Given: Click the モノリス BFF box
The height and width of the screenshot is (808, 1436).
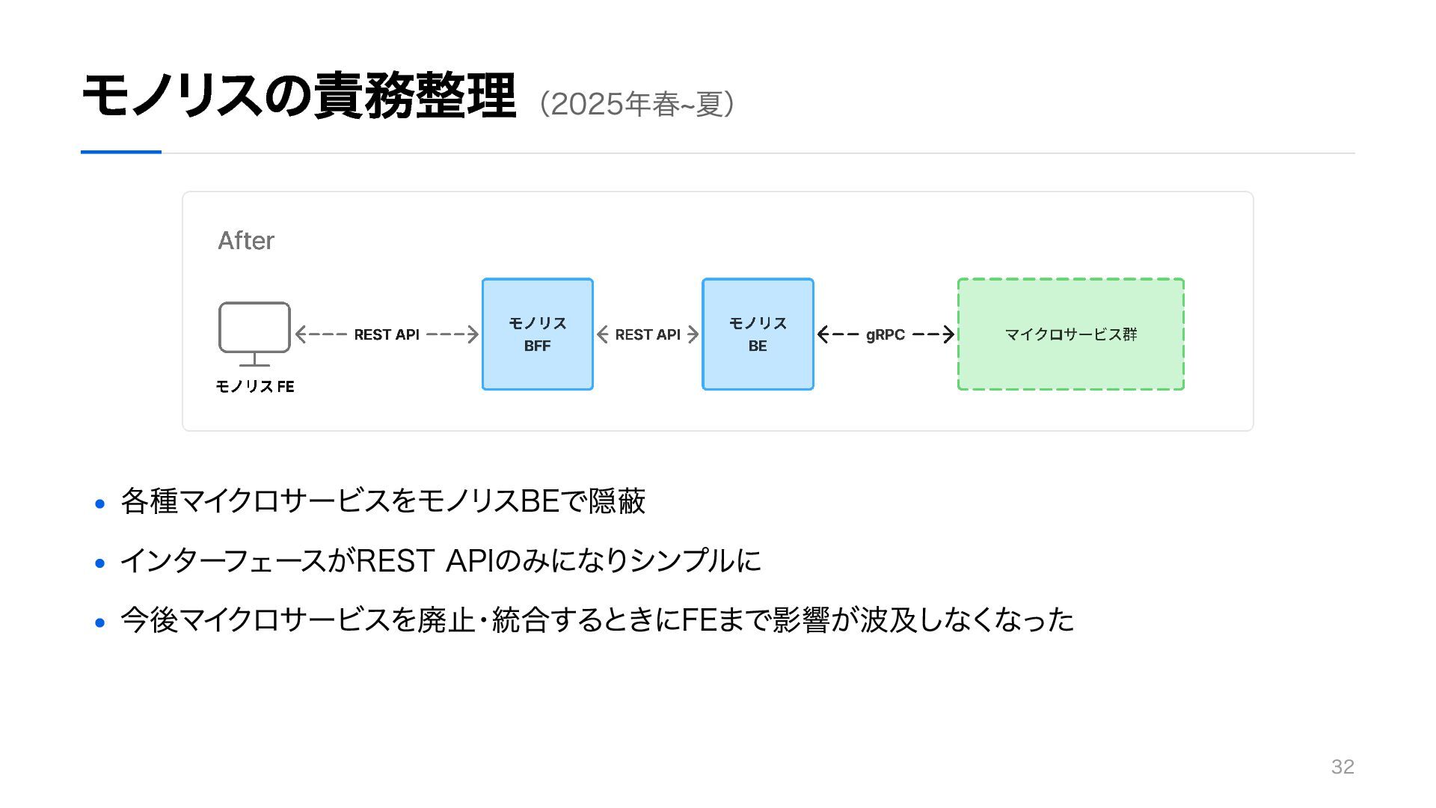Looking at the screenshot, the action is click(x=538, y=334).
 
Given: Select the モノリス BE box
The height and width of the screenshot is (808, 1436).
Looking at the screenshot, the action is click(x=758, y=334).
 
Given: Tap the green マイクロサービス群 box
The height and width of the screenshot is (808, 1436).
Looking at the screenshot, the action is click(x=1071, y=334).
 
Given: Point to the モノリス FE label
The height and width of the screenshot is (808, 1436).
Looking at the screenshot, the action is click(x=255, y=386).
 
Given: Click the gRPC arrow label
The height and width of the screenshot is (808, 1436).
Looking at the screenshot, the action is click(x=886, y=334).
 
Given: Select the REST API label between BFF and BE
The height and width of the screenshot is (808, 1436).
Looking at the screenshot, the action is click(x=648, y=334).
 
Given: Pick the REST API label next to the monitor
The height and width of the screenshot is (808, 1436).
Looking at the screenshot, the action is click(x=387, y=334).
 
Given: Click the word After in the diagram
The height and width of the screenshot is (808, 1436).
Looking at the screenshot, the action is click(x=246, y=240).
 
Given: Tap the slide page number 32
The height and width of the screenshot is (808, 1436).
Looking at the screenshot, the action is click(x=1343, y=766).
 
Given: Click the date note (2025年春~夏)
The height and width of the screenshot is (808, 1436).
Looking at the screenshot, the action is click(x=636, y=104).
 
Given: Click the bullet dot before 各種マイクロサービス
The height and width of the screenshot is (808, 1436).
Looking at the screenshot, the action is click(x=100, y=504).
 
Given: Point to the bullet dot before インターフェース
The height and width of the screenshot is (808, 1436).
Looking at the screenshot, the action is click(x=100, y=563).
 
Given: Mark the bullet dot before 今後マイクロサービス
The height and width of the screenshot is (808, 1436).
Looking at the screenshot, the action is click(x=100, y=622).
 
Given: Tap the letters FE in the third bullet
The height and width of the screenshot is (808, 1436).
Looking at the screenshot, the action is click(x=699, y=619).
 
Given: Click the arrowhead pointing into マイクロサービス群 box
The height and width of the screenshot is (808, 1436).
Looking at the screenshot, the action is click(x=949, y=334).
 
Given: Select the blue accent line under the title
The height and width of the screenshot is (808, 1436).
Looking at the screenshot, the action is click(x=121, y=152).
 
